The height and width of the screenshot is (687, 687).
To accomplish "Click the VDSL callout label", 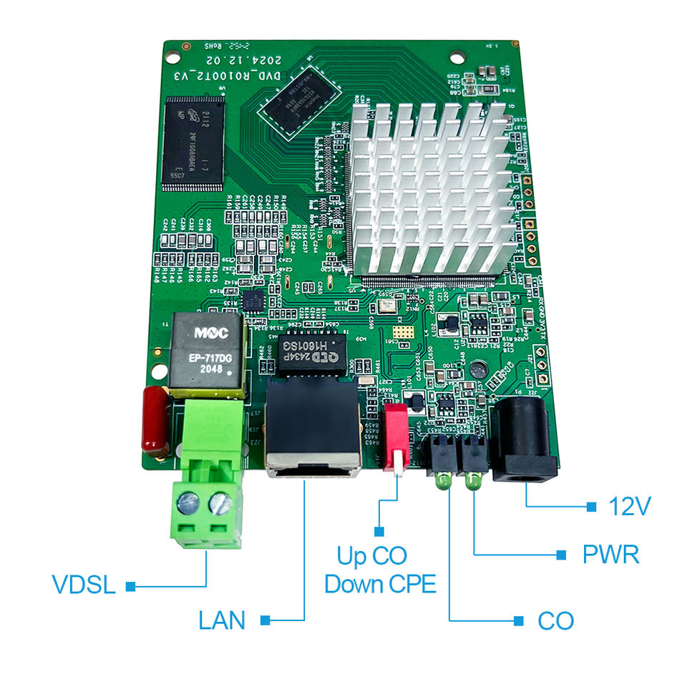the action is [84, 585].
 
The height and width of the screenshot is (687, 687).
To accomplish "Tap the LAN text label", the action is [222, 620].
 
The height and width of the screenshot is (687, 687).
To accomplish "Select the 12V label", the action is [630, 507].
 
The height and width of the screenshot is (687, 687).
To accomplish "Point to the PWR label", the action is [610, 555].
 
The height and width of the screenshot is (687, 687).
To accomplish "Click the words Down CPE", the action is [379, 584].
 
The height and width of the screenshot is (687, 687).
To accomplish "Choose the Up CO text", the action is [371, 555].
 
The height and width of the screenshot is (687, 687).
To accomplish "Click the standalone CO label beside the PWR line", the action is [555, 620].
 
